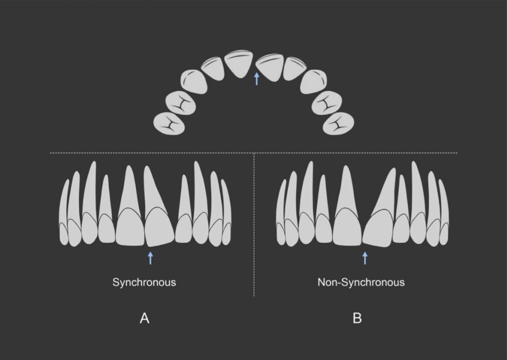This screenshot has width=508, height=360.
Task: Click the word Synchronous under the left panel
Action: click(x=144, y=282)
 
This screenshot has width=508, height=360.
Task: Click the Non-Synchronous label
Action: click(x=361, y=282)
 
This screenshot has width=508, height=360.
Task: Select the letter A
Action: click(x=144, y=318)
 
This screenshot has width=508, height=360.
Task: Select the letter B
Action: click(x=357, y=318)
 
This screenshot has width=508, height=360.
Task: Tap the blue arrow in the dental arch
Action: click(x=257, y=79)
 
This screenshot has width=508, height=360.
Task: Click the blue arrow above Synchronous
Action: click(x=150, y=258)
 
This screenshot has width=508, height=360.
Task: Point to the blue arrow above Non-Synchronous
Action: click(x=365, y=258)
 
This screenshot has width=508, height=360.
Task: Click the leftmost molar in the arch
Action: click(x=169, y=123)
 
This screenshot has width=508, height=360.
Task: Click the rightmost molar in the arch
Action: click(x=338, y=123)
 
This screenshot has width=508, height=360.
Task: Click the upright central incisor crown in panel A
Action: click(x=130, y=226)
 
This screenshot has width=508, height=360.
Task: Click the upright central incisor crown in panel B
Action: click(x=347, y=226)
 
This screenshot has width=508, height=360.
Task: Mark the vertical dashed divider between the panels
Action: click(x=254, y=224)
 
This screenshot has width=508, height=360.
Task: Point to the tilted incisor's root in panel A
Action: click(x=155, y=189)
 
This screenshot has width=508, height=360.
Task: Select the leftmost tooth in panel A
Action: click(x=64, y=213)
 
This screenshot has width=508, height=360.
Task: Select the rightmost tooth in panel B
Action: click(x=444, y=213)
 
